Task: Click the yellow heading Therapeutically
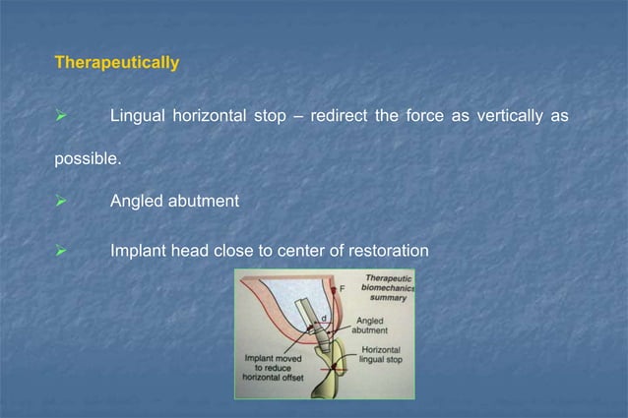pyautogui.click(x=116, y=63)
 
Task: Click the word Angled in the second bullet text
pyautogui.click(x=136, y=202)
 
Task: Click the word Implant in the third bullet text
pyautogui.click(x=138, y=251)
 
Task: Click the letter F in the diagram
pyautogui.click(x=343, y=289)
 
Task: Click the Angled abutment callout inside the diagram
pyautogui.click(x=371, y=326)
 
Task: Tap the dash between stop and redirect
pyautogui.click(x=295, y=117)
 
